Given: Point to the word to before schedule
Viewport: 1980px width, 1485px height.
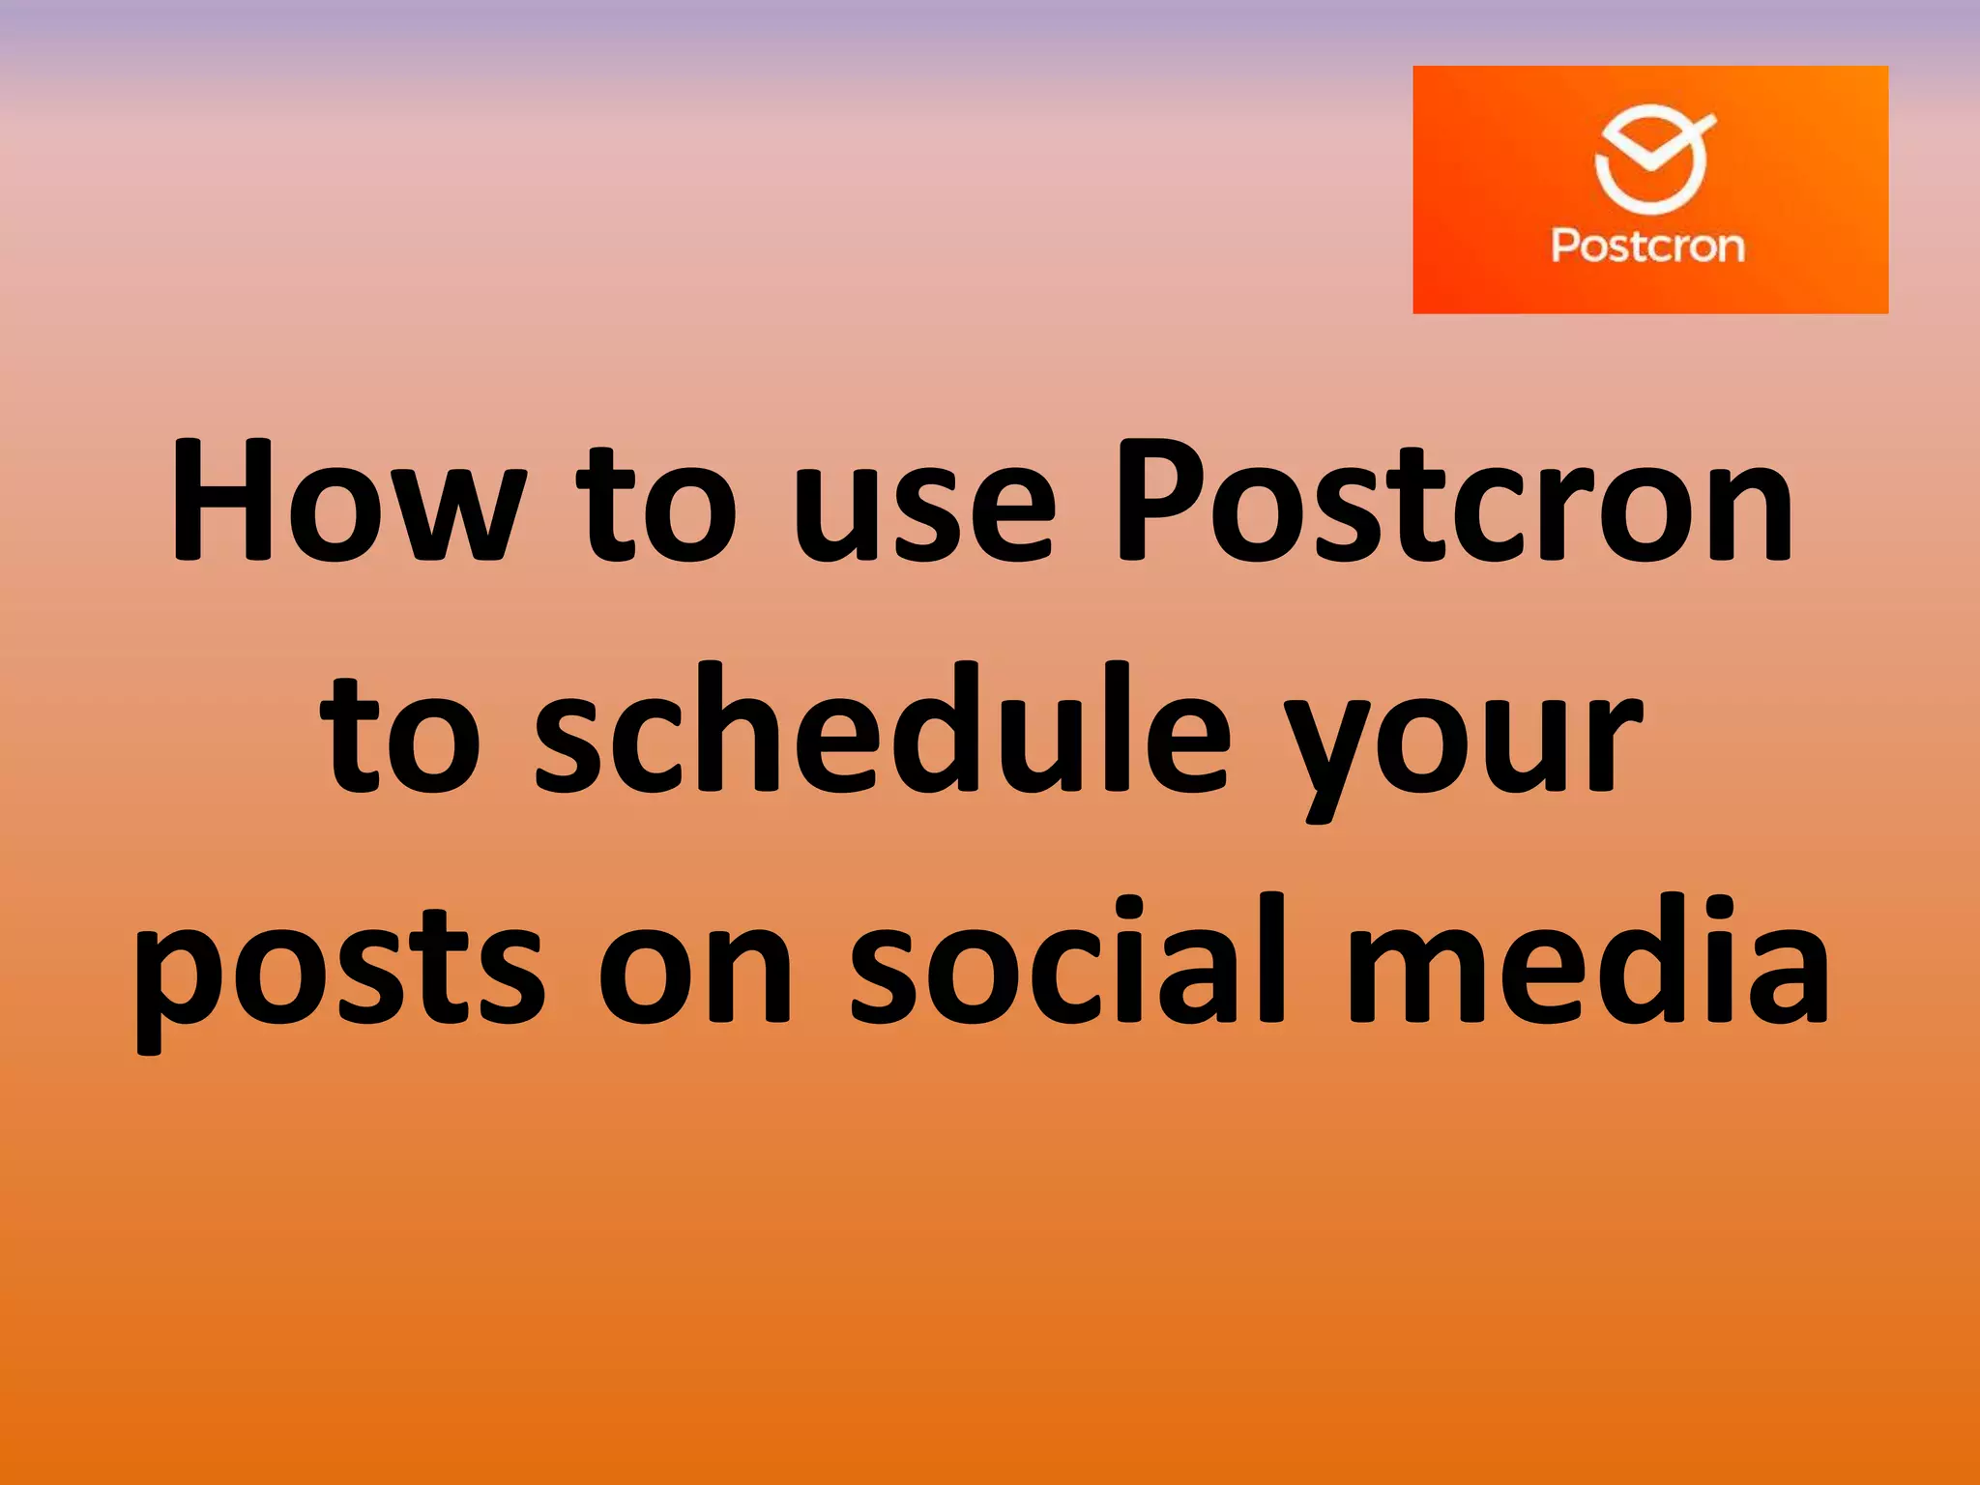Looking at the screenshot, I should pos(401,735).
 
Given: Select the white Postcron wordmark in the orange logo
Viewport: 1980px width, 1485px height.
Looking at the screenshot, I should pos(1648,246).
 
